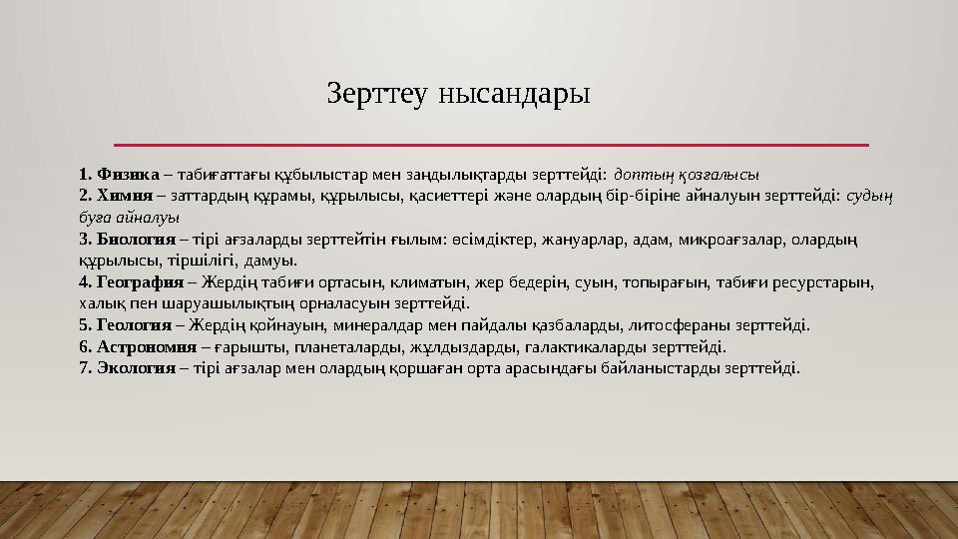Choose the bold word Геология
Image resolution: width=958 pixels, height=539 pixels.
point(133,325)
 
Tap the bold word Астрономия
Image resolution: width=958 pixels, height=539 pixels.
point(145,347)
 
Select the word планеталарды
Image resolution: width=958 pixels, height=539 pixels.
point(335,347)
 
